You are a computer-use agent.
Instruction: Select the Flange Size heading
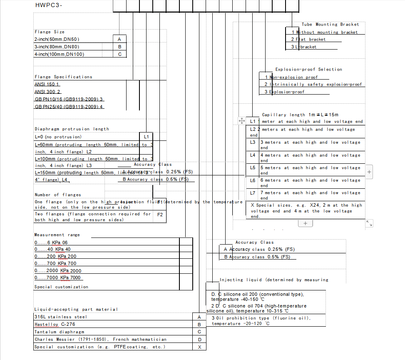pos(50,32)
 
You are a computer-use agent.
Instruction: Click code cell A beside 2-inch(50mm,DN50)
pos(119,39)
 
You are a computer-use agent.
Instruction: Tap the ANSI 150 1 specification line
pos(47,84)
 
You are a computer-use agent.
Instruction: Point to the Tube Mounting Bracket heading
pos(330,25)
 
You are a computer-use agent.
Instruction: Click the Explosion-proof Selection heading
pos(308,70)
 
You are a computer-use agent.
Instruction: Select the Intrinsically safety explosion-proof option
pos(316,85)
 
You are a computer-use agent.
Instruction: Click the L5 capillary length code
pos(253,167)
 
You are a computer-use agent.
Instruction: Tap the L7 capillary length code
pos(253,193)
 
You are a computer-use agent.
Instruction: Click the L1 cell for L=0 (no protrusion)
pos(146,137)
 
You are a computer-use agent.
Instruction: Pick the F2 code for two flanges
pos(160,215)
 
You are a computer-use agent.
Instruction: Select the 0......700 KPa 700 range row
pos(56,263)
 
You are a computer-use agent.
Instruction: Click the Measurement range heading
pos(57,235)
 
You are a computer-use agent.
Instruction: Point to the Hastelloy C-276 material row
pos(55,324)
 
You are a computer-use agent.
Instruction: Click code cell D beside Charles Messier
pos(199,340)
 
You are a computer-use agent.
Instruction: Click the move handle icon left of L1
pos(241,121)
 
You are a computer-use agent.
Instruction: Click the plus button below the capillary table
pos(305,223)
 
